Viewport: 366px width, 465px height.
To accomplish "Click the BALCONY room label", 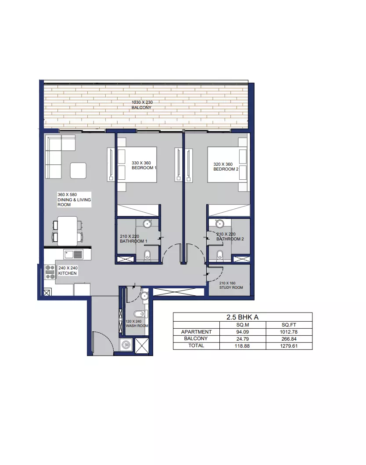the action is [141, 108].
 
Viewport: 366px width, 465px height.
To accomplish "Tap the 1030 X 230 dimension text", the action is [142, 102].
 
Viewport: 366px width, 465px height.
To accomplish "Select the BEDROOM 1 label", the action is [144, 168].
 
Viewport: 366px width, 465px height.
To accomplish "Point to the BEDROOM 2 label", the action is [226, 169].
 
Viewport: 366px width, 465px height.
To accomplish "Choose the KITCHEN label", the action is [68, 273].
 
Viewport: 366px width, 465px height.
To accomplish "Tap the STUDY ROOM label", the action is [231, 287].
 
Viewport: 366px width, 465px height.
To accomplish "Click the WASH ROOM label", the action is [137, 326].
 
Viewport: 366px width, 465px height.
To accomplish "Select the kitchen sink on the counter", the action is [73, 254].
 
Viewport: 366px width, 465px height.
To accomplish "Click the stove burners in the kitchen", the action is [50, 272].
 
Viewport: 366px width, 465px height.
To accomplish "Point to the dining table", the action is [68, 231].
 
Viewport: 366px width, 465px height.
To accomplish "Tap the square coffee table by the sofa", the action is [78, 171].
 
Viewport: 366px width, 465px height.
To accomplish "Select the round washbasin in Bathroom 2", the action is [219, 224].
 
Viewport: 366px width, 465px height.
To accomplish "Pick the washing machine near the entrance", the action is [126, 345].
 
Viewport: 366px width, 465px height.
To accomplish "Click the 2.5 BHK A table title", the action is [243, 317].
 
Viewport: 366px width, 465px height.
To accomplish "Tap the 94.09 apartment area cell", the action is [243, 332].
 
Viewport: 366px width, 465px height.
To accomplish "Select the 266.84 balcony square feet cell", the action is [289, 339].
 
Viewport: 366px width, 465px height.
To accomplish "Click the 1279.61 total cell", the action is [289, 346].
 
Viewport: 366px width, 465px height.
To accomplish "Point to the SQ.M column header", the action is [243, 325].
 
